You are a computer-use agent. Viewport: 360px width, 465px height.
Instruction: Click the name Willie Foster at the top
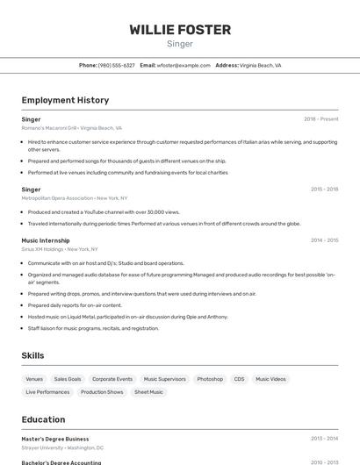(180, 30)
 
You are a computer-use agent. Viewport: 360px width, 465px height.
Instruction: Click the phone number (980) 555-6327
(116, 65)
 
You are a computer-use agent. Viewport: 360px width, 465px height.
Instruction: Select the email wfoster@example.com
(184, 65)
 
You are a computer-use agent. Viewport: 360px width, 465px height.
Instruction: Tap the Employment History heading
(65, 100)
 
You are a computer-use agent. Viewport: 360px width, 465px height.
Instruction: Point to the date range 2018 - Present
(320, 118)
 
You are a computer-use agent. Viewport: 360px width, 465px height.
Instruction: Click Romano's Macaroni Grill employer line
(72, 127)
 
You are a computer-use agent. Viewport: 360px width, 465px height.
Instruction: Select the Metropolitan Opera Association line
(75, 197)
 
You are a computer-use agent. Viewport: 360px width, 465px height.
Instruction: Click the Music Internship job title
(46, 240)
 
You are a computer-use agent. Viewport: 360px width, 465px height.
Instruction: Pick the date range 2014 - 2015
(324, 240)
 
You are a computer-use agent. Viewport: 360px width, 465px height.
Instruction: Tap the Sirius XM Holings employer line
(60, 248)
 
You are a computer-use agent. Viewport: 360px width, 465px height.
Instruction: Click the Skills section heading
(33, 355)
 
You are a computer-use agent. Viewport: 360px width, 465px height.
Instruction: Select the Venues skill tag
(34, 379)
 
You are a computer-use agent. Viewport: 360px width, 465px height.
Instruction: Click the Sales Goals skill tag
(68, 379)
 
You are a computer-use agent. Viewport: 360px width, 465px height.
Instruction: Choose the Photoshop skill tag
(209, 379)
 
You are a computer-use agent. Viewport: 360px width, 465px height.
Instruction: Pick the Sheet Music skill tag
(149, 392)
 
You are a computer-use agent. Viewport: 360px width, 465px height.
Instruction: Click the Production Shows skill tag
(102, 392)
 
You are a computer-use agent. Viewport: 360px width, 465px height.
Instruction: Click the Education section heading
(43, 419)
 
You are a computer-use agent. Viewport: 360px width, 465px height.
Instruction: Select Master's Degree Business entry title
(55, 439)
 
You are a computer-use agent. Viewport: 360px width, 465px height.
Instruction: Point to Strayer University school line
(62, 447)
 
